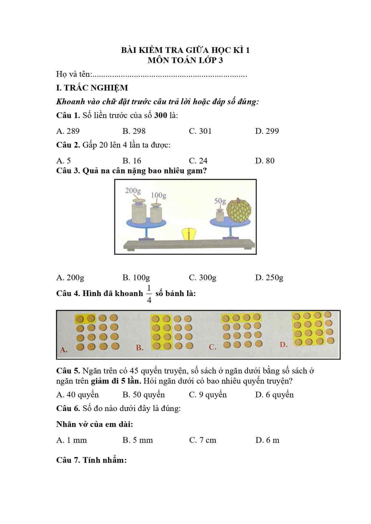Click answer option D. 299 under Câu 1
tap(267, 131)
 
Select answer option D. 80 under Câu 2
tap(265, 161)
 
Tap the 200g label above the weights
tap(133, 191)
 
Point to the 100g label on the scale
tap(158, 195)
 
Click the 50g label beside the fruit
tap(220, 201)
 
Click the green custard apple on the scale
tap(239, 211)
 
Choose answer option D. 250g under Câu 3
tap(269, 278)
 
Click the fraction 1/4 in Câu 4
tap(149, 294)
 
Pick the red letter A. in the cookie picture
tap(63, 350)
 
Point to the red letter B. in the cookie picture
tap(140, 348)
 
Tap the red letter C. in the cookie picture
tap(213, 347)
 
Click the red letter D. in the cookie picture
tap(283, 345)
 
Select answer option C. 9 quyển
tap(208, 395)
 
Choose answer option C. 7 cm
tap(203, 440)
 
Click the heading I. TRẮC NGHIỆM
tap(92, 88)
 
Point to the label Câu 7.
tap(68, 460)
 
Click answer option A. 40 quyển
tap(77, 395)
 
